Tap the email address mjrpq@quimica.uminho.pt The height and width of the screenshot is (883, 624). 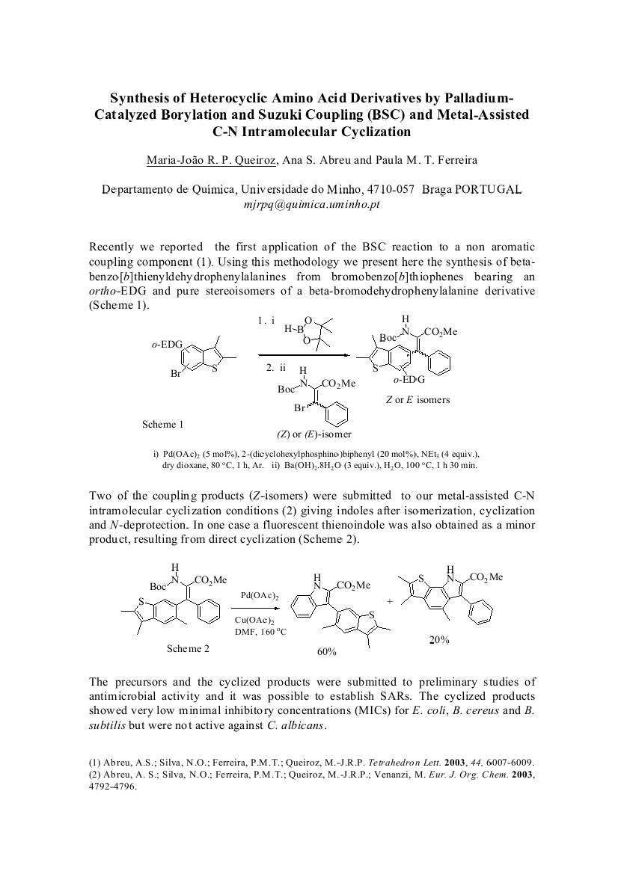312,203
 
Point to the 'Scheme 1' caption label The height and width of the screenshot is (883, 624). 163,424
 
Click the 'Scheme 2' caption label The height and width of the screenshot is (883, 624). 188,648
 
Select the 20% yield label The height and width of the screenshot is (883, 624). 438,640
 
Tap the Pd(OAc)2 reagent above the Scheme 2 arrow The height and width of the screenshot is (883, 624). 260,596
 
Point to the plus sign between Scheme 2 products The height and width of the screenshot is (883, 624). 390,600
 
